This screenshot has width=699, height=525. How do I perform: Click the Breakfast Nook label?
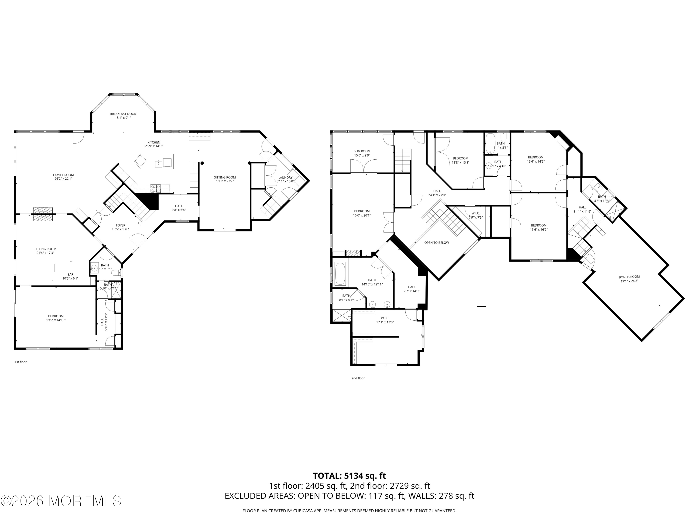(123, 114)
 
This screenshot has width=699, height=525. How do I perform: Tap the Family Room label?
(63, 175)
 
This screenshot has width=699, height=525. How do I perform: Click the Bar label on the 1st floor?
(70, 275)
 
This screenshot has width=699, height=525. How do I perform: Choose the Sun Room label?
(362, 151)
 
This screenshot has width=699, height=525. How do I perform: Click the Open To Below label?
(436, 243)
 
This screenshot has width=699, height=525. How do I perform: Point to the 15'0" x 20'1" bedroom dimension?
(362, 215)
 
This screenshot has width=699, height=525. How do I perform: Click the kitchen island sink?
(158, 163)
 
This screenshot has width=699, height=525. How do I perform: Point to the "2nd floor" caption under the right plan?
(358, 378)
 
